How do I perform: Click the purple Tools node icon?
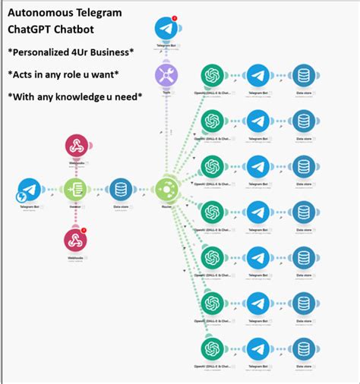pyautogui.click(x=166, y=76)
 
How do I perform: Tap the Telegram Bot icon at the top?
pyautogui.click(x=166, y=29)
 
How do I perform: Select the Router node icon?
pyautogui.click(x=166, y=190)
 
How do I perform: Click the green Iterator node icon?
pyautogui.click(x=74, y=190)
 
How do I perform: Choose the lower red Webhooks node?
pyautogui.click(x=74, y=240)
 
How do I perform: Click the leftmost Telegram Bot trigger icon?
pyautogui.click(x=29, y=190)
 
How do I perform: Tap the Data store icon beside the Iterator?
pyautogui.click(x=121, y=190)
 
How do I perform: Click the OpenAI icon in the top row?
pyautogui.click(x=212, y=76)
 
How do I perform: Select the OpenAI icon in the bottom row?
pyautogui.click(x=212, y=348)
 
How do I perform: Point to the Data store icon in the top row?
pyautogui.click(x=304, y=76)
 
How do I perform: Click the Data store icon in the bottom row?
pyautogui.click(x=304, y=348)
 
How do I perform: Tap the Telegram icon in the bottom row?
pyautogui.click(x=258, y=348)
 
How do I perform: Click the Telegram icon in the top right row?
pyautogui.click(x=258, y=76)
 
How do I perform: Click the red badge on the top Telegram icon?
pyautogui.click(x=175, y=18)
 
